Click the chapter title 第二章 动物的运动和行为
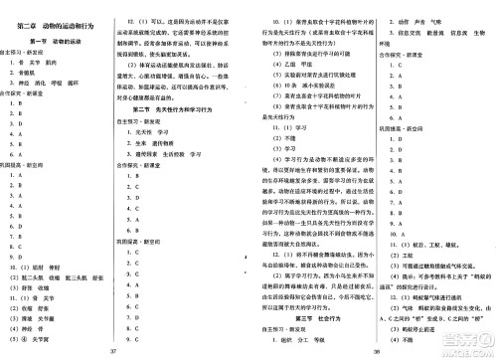tap(57, 11)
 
